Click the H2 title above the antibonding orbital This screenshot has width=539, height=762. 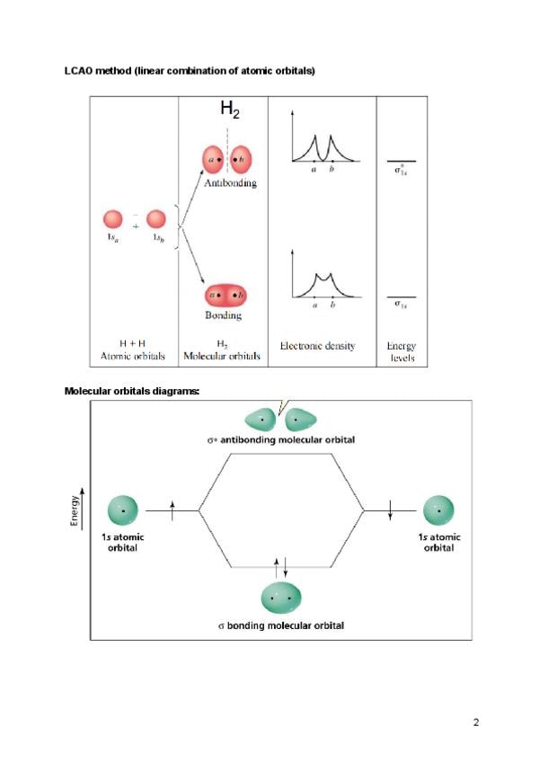230,111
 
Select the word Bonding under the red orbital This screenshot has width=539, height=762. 225,315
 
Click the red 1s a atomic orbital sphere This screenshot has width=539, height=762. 113,219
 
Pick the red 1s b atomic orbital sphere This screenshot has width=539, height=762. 156,219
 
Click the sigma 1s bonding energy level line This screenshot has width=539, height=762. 401,297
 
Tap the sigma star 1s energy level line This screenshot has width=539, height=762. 401,161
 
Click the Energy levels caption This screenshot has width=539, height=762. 401,350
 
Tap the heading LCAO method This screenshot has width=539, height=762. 189,70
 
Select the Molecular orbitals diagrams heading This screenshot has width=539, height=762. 131,391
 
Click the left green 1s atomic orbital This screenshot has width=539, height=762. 122,510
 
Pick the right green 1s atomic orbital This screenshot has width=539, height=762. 438,510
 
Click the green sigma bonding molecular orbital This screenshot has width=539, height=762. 280,598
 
